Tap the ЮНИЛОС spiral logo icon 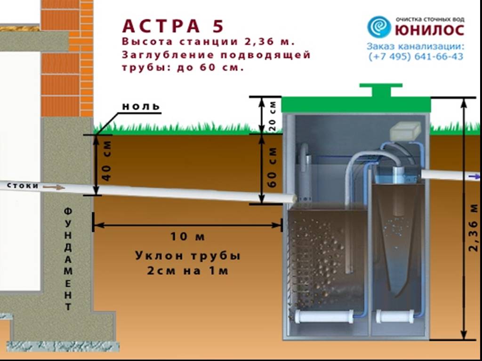tap(379, 27)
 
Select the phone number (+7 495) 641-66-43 tap(416, 56)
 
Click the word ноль tap(141, 106)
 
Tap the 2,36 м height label tap(473, 228)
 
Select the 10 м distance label tap(187, 236)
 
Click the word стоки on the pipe tap(23, 186)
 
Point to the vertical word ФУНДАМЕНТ tap(68, 259)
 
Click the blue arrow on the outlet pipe tap(476, 177)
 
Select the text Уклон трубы tap(187, 256)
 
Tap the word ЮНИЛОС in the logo tap(429, 31)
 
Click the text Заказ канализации tap(415, 47)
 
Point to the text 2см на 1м tap(187, 271)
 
